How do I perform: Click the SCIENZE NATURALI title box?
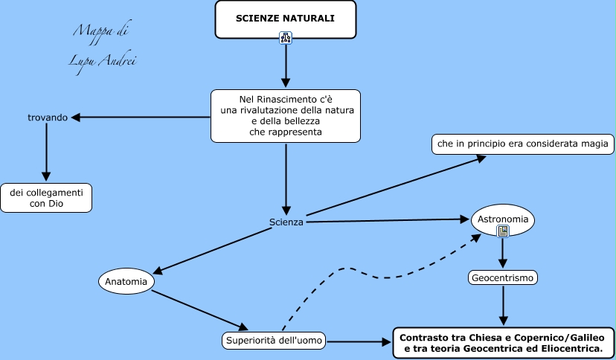tap(285, 19)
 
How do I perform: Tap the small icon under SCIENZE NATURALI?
tap(285, 38)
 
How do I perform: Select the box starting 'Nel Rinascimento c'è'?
tap(286, 116)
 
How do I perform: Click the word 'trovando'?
tap(48, 117)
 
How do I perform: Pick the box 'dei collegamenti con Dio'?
tap(46, 198)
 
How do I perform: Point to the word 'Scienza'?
tap(286, 222)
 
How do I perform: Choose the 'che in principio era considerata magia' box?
tap(523, 144)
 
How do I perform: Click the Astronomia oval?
tap(503, 219)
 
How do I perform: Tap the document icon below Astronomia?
tap(503, 231)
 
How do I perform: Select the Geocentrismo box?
tap(503, 277)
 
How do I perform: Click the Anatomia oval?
tap(126, 281)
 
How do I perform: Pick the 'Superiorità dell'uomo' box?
tap(274, 341)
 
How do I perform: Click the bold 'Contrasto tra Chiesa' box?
tap(503, 342)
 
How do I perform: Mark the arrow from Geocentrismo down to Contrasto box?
tap(504, 305)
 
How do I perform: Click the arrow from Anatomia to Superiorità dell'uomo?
tap(199, 309)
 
